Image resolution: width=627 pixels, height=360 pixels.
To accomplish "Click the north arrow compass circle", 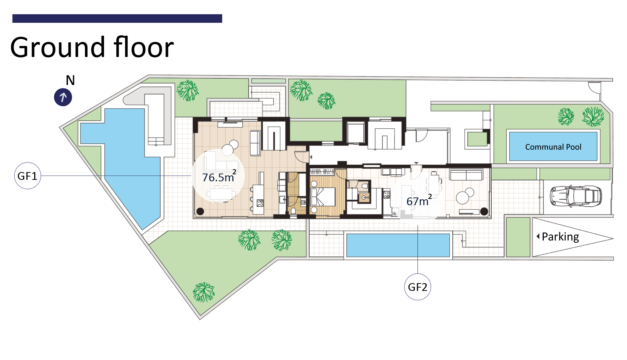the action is coord(63,97).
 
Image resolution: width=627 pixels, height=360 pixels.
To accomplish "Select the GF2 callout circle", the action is coord(418,287).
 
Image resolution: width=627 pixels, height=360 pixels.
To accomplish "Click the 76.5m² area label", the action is coord(219,177).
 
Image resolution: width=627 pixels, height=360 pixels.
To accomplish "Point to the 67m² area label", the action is coord(419,200).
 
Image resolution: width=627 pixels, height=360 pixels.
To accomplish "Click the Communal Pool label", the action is coord(553,147).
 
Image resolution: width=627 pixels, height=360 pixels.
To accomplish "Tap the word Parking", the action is coord(560,237).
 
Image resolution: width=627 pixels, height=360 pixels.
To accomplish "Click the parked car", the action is coord(576,196).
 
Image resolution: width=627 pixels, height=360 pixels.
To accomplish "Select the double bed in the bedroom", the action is coord(323,196).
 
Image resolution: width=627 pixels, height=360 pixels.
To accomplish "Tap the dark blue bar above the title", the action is coord(117,18).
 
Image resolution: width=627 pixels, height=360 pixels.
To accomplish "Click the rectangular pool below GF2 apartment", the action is coord(398,245).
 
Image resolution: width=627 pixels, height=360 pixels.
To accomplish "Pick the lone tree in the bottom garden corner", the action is coord(204,292).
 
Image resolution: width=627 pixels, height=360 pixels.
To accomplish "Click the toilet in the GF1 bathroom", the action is coord(293,212).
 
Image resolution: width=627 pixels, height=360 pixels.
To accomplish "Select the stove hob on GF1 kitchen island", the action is coord(260,203).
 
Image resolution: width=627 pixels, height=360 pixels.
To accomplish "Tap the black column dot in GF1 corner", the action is coord(200,212).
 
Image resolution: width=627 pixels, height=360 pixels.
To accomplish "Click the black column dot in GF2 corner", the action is coord(484,212).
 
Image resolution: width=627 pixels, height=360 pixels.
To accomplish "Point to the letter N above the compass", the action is coord(70,80).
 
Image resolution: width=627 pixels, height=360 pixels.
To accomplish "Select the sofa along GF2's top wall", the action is coord(466,174).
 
